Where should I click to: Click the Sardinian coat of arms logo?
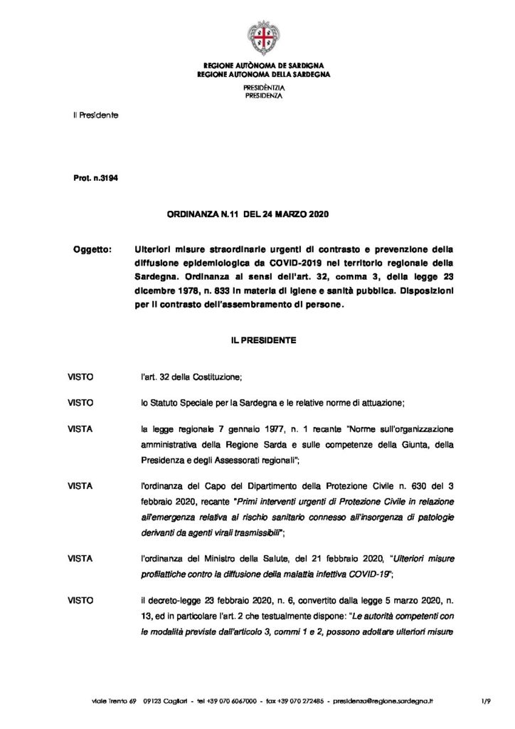pos(257,35)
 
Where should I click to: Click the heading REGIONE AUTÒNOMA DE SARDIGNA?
pos(257,65)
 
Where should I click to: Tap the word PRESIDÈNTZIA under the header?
pos(257,86)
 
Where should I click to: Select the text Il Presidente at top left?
pos(95,115)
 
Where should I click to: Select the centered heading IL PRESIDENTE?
pos(257,340)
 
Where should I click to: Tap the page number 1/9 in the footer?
pos(487,701)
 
